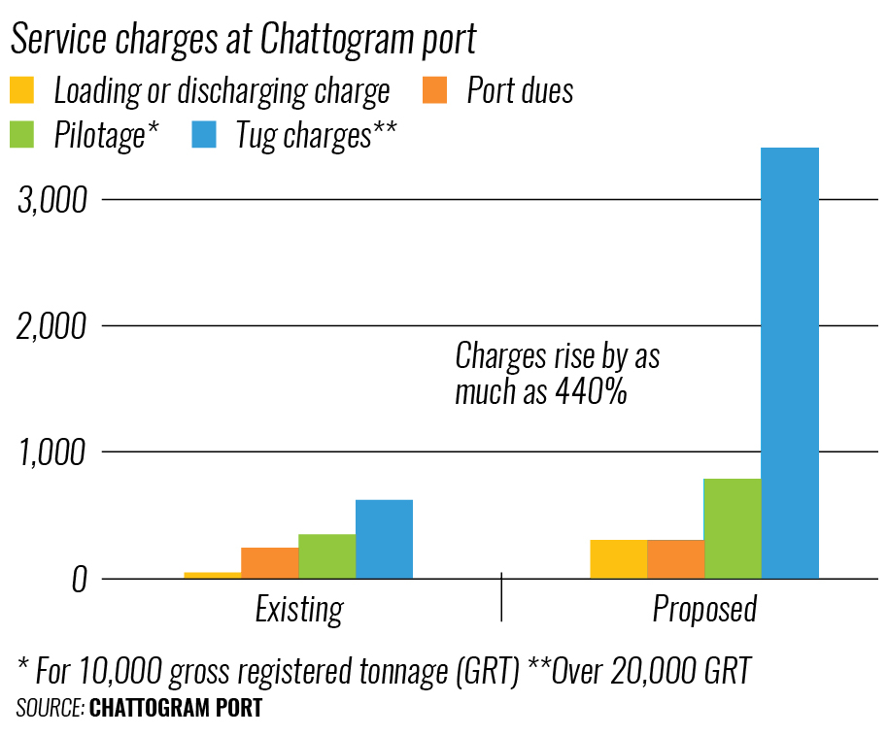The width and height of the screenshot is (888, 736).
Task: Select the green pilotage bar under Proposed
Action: click(x=733, y=528)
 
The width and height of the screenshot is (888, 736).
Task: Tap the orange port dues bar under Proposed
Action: click(x=675, y=558)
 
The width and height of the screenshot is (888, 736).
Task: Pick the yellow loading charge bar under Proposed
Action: click(x=618, y=558)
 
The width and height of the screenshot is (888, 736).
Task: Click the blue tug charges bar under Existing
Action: click(x=384, y=539)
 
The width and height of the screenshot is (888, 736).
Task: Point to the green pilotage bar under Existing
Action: click(x=326, y=555)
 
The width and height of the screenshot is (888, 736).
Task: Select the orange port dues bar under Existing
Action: click(x=269, y=562)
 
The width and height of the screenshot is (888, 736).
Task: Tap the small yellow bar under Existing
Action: click(x=212, y=575)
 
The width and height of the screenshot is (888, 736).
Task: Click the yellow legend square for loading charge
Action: click(x=22, y=90)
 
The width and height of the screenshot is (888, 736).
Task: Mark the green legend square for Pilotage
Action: click(x=22, y=134)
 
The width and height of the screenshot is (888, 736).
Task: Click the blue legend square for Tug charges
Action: click(x=203, y=134)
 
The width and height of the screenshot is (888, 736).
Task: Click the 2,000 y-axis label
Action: click(x=53, y=325)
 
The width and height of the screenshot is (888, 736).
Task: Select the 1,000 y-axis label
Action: click(x=53, y=452)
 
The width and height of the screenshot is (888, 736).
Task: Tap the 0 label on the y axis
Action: click(x=80, y=579)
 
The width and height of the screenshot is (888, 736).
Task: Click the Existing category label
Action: click(x=299, y=610)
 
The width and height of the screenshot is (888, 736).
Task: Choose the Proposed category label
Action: click(x=704, y=610)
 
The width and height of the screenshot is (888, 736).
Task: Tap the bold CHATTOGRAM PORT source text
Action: click(x=176, y=708)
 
